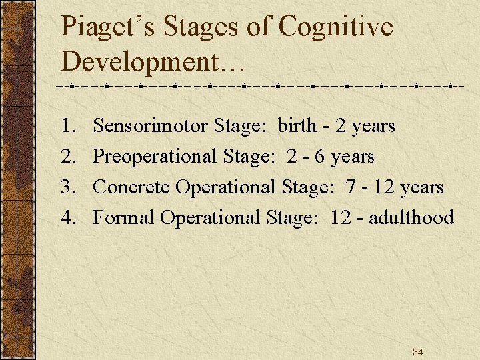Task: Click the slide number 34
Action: [418, 352]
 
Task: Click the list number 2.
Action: [66, 157]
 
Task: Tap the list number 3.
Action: [66, 187]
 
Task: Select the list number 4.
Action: [66, 218]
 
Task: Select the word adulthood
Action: [411, 218]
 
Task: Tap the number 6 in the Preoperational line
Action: [320, 157]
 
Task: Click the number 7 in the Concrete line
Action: [351, 187]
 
